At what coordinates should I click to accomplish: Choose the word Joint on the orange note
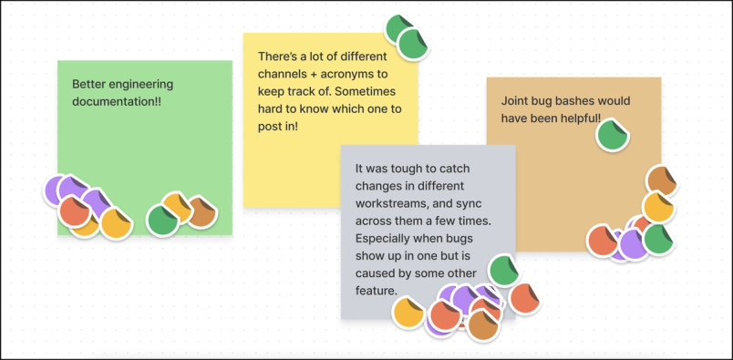click(x=517, y=100)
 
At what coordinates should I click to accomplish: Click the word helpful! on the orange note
click(x=573, y=118)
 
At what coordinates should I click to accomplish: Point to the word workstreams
click(x=390, y=204)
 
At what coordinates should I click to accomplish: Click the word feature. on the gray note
click(x=376, y=291)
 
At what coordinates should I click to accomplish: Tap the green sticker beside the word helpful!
click(x=612, y=136)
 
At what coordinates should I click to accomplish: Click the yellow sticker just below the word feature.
click(x=408, y=313)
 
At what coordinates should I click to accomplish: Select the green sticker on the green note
click(x=163, y=220)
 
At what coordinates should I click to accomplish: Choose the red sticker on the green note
click(x=75, y=211)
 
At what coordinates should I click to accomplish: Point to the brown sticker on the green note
click(x=201, y=213)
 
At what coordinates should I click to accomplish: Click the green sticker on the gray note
click(x=503, y=271)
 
